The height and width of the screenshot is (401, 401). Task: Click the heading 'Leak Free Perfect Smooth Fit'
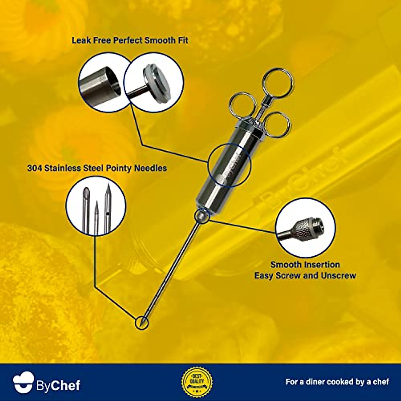130,41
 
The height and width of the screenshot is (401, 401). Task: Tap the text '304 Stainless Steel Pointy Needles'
97,168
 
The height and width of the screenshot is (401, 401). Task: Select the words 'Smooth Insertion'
305,265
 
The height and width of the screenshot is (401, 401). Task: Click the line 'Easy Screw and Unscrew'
305,276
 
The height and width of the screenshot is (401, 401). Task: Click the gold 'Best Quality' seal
197,381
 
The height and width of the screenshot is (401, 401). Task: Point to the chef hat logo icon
23,382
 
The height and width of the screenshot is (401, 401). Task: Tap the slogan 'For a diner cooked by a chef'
337,382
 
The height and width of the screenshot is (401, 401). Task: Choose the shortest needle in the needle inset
96,217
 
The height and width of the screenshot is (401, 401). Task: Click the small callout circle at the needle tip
142,322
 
